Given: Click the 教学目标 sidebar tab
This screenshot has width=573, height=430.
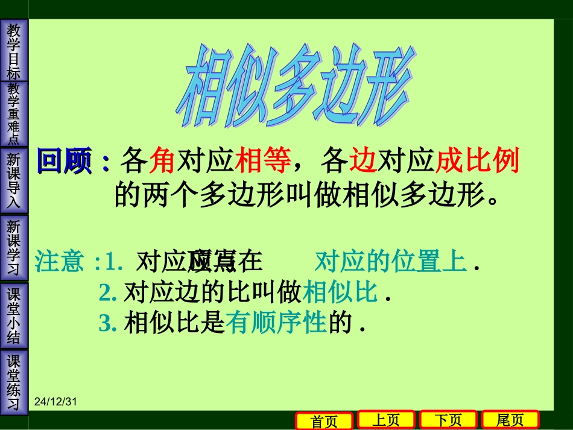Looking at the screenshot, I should pos(14,51).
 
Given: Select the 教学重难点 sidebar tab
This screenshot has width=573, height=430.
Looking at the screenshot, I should pos(14,114).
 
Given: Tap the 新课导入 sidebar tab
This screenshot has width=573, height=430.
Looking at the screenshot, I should pos(14,180).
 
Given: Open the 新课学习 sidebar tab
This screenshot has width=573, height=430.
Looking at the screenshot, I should pos(14,248).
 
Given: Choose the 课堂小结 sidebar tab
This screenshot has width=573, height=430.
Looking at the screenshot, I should pos(14,315).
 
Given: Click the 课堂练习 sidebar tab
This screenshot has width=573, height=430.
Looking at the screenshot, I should pos(14,382).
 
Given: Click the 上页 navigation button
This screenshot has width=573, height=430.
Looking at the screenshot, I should pos(386,420).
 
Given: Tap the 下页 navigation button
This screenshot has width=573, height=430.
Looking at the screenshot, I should pos(448,420).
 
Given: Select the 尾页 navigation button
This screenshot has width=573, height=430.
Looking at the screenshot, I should pos(510,420).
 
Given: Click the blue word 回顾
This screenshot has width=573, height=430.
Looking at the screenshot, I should pos(65,162).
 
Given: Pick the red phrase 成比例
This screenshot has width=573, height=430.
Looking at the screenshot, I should pos(477,162).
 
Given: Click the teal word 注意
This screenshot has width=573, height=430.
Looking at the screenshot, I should pos(60,262).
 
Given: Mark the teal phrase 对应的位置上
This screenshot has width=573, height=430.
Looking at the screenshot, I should pos(391,262).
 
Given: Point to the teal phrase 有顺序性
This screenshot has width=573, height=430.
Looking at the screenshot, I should pos(276,324).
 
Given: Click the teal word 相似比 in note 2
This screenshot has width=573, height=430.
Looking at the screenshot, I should pos(340,293).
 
